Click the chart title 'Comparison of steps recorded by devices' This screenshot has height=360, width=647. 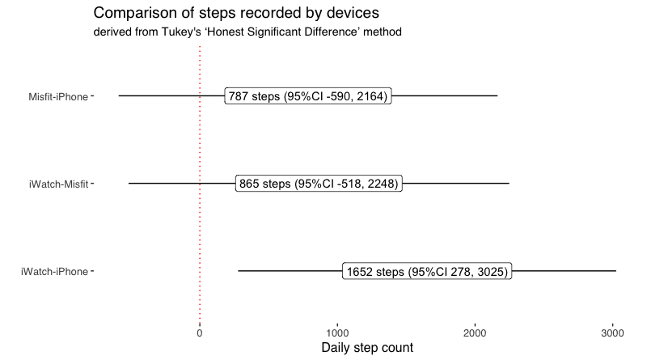[x=236, y=13]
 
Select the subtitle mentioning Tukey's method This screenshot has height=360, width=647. [x=247, y=32]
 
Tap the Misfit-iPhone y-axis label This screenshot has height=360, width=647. [x=58, y=96]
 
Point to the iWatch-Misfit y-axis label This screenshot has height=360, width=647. [x=58, y=184]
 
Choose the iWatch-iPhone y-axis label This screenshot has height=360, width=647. [x=54, y=272]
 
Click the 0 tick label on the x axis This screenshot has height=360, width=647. [x=200, y=333]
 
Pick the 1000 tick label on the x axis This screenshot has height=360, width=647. [x=337, y=333]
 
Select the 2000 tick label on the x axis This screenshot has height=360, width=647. [x=475, y=333]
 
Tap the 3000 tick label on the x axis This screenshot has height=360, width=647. [x=613, y=333]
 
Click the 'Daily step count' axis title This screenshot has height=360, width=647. [x=367, y=348]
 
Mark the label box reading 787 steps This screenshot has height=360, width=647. [x=308, y=95]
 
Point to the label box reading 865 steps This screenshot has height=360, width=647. [x=319, y=184]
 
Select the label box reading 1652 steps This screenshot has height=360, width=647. [x=427, y=271]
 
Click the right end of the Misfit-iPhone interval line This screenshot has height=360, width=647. [x=497, y=95]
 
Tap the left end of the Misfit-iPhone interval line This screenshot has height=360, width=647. [x=119, y=95]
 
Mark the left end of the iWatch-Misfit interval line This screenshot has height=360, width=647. [x=129, y=184]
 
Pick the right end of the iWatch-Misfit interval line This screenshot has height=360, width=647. [x=509, y=184]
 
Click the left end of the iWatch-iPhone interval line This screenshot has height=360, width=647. [x=238, y=271]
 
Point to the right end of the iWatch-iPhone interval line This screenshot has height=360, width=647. [x=616, y=271]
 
